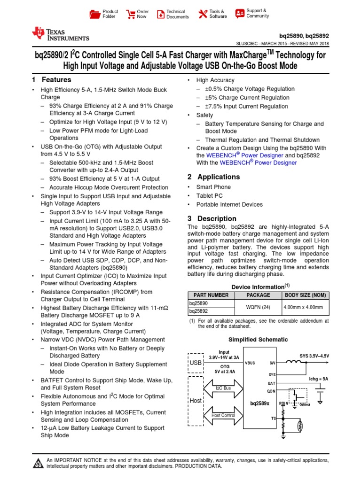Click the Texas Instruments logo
pos(60,34)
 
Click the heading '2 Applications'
pos(213,177)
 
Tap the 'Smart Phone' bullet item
pos(209,186)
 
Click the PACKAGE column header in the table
pos(258,295)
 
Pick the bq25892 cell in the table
pos(198,311)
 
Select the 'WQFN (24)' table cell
pos(258,307)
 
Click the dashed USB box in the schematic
pos(195,363)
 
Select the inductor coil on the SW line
pos(295,362)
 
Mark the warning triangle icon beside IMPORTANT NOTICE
pos(38,464)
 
